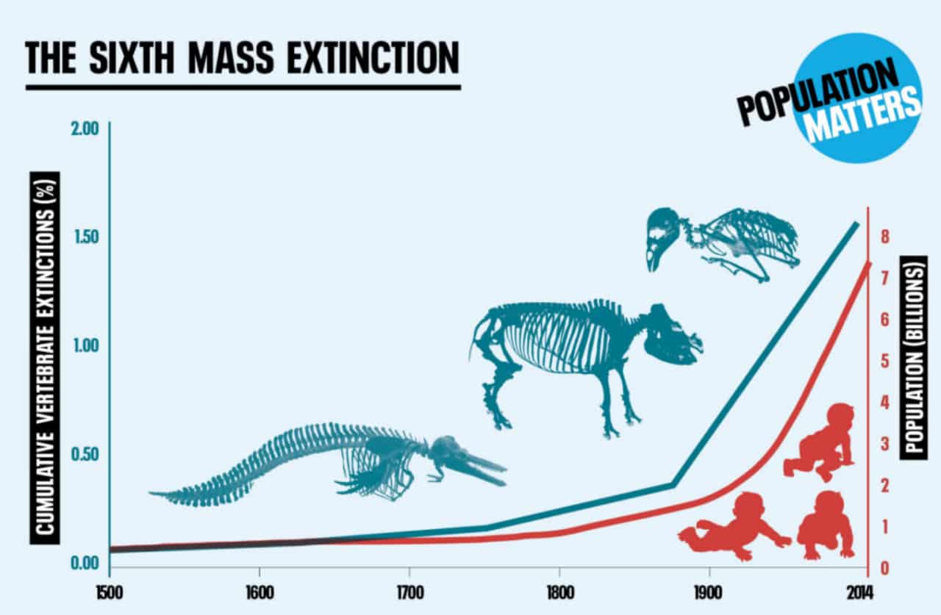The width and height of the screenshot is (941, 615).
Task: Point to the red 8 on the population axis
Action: (885, 237)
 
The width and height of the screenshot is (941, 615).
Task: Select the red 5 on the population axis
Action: (885, 362)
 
